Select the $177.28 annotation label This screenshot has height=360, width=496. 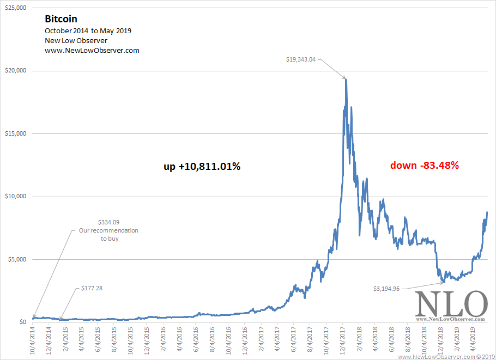coord(92,288)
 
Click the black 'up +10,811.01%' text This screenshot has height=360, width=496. coord(202,166)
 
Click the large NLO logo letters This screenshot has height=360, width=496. coord(451,304)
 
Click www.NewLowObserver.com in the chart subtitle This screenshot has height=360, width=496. coord(92,51)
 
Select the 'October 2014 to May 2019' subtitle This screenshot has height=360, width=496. coord(88,31)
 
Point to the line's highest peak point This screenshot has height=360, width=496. coord(346,80)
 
